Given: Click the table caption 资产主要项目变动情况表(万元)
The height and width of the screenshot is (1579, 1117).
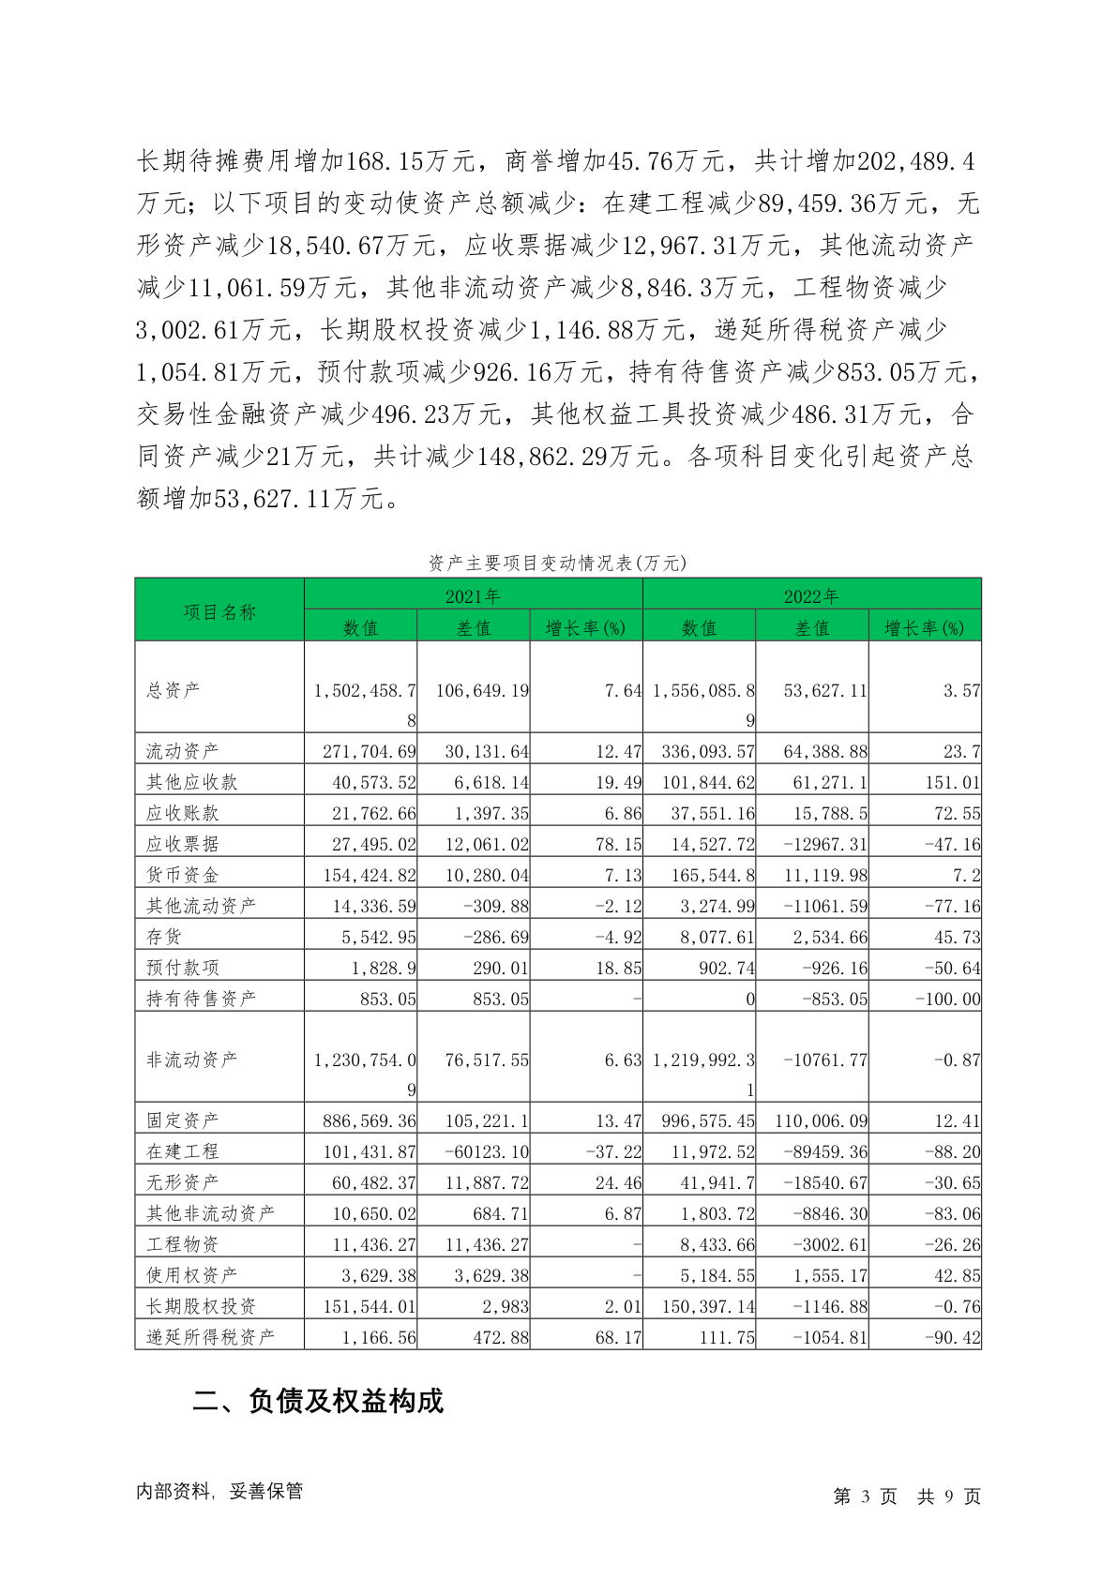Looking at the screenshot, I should [557, 563].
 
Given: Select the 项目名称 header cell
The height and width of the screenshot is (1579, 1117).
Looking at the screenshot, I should [219, 611].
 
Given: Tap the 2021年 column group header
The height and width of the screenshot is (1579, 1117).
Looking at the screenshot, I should [473, 596].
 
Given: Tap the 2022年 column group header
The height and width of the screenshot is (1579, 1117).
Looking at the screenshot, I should [811, 596].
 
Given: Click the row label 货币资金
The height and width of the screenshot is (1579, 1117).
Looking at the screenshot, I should [182, 875].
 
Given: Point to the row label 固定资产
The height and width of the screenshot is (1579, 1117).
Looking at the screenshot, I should [182, 1120].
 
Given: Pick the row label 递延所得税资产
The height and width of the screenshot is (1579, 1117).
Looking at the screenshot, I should [210, 1337].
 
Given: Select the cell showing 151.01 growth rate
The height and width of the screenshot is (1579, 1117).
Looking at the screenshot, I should [953, 782].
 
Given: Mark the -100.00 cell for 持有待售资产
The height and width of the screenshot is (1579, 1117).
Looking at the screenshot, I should [947, 1000].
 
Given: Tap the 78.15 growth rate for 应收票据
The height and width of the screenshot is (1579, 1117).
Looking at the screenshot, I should [618, 844].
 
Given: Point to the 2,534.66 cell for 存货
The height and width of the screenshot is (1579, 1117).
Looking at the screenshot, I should [828, 937].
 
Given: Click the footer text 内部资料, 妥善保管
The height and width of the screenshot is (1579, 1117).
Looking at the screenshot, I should [219, 1491].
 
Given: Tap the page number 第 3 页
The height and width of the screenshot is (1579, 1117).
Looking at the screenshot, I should [865, 1496].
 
